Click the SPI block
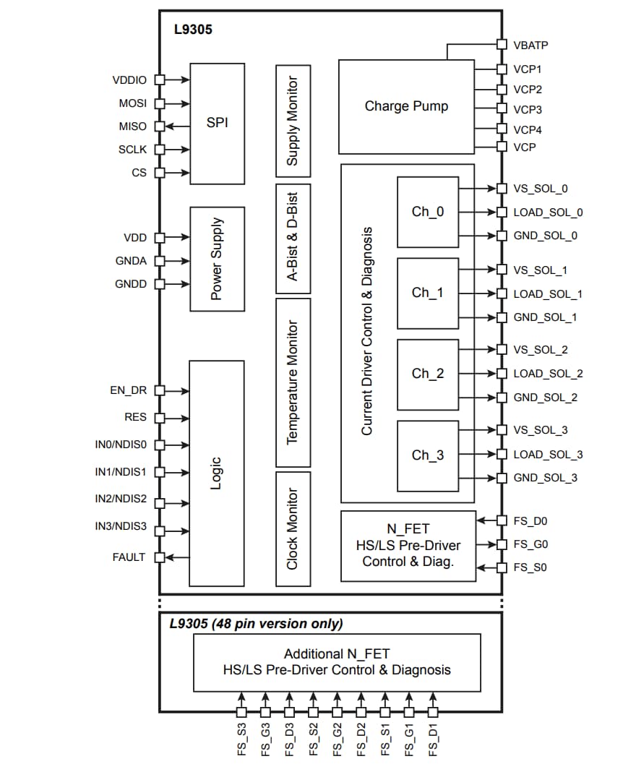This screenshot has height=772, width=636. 217,122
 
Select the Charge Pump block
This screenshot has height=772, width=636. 406,107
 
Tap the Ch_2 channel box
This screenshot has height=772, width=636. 428,374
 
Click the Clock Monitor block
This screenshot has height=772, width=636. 293,528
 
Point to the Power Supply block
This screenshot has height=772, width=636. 217,259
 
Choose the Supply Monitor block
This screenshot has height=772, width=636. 293,121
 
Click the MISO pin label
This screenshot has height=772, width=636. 132,126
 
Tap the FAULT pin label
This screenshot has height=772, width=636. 129,557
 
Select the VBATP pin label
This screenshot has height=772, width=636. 530,45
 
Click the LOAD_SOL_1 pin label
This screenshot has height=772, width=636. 547,294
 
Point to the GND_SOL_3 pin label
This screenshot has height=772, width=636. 545,478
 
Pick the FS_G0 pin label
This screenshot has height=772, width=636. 530,544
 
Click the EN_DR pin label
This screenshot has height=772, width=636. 128,390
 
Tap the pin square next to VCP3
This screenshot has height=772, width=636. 502,109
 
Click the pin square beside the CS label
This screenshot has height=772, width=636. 160,173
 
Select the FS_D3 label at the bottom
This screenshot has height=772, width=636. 289,739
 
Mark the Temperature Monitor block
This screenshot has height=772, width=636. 293,382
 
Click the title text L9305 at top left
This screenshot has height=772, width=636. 193,30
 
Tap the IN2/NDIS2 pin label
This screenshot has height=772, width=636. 121,499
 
